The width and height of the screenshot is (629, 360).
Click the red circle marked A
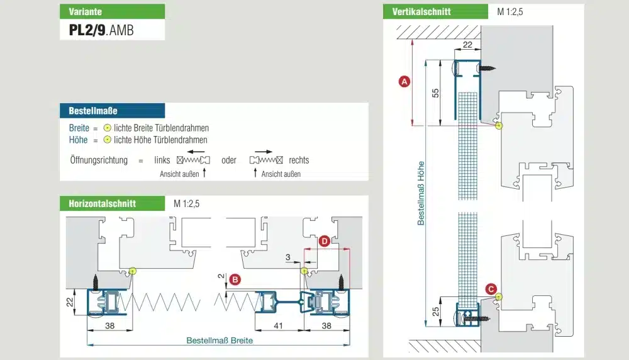[x=405, y=81]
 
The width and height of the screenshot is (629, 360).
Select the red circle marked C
[x=491, y=289]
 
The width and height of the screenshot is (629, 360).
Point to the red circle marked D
[x=323, y=241]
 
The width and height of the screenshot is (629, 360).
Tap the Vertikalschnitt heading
[x=421, y=12]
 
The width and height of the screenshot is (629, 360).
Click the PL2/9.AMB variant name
[x=101, y=30]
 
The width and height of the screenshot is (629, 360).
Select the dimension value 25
[x=435, y=310]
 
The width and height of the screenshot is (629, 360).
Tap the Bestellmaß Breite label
[x=220, y=340]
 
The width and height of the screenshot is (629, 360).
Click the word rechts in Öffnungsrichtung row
[x=299, y=160]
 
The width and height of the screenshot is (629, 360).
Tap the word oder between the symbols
[x=229, y=160]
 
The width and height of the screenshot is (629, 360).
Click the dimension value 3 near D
[x=287, y=257]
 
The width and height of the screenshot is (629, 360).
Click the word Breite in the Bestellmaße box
[x=79, y=128]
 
